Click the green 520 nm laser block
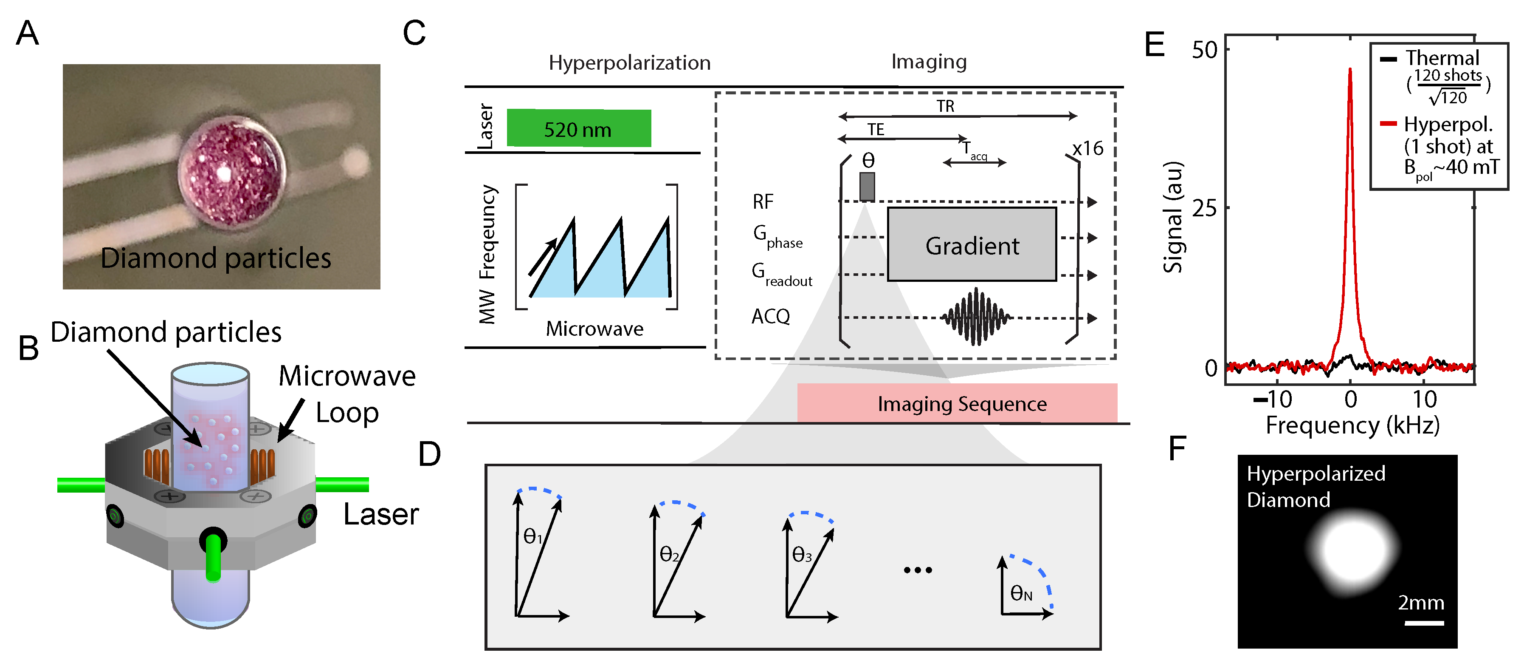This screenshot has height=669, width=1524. pyautogui.click(x=579, y=128)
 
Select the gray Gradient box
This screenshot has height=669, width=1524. pyautogui.click(x=972, y=244)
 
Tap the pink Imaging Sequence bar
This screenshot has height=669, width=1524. pyautogui.click(x=957, y=403)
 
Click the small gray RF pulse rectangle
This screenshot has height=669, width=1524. pyautogui.click(x=867, y=187)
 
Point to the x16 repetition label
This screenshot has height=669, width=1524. pyautogui.click(x=1088, y=148)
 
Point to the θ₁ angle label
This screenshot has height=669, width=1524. pyautogui.click(x=532, y=536)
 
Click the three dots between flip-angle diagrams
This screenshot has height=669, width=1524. pyautogui.click(x=918, y=570)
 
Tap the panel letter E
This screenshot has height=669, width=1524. pyautogui.click(x=1154, y=44)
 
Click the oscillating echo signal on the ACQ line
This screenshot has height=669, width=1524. pyautogui.click(x=976, y=317)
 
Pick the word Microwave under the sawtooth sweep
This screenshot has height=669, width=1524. pyautogui.click(x=594, y=329)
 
